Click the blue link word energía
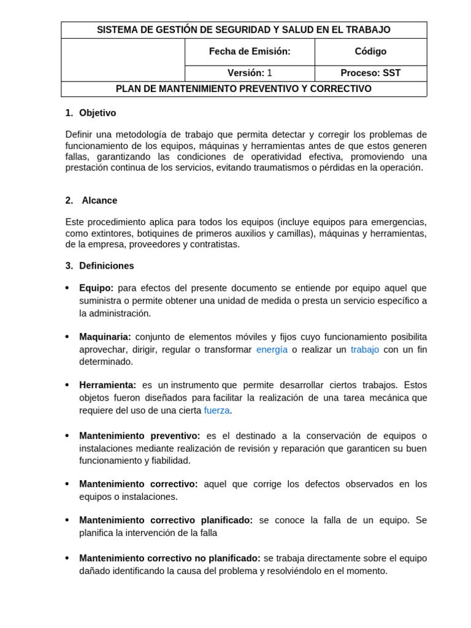(x=272, y=350)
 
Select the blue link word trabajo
(x=365, y=350)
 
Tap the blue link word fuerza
(x=216, y=410)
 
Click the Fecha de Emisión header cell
(x=250, y=52)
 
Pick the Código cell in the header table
(x=370, y=52)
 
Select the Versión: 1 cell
(x=250, y=73)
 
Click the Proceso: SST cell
(x=370, y=73)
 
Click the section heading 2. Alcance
(x=91, y=201)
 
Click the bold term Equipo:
(x=96, y=288)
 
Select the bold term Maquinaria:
(x=105, y=337)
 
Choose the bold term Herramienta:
(x=107, y=385)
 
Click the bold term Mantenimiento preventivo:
(x=139, y=436)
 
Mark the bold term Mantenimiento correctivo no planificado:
(x=170, y=558)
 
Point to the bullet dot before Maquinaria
(x=67, y=337)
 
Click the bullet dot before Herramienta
(x=67, y=385)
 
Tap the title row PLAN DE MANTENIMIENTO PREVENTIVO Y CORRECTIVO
(x=243, y=89)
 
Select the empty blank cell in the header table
(x=123, y=59)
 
